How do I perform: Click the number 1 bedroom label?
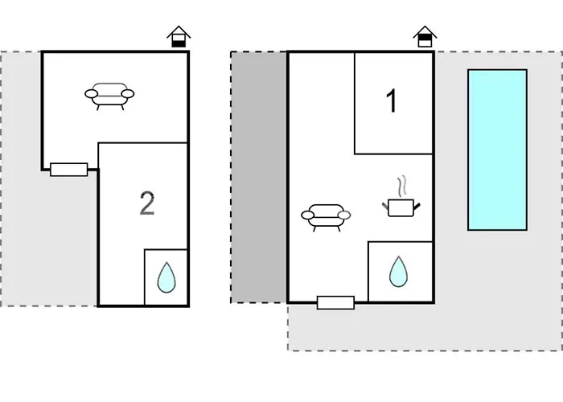click(x=392, y=102)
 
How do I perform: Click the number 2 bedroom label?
click(x=146, y=204)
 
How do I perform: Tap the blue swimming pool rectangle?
click(x=497, y=150)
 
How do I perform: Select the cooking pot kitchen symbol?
click(x=400, y=207)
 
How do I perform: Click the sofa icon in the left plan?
click(x=109, y=95)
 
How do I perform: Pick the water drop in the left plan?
click(x=166, y=277)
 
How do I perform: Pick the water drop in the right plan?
click(x=398, y=272)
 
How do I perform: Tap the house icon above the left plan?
click(x=179, y=36)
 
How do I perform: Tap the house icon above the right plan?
click(x=424, y=36)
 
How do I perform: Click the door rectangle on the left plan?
click(x=68, y=170)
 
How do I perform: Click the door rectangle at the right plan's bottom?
click(x=335, y=302)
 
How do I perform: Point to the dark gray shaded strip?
click(x=259, y=177)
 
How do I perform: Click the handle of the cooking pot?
click(x=416, y=207)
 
